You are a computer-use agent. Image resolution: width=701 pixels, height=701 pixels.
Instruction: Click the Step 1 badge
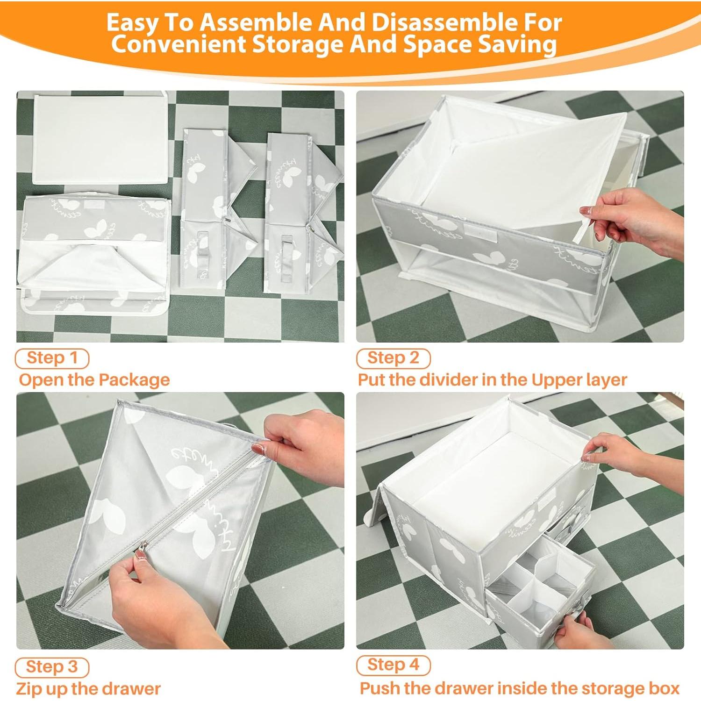(52, 358)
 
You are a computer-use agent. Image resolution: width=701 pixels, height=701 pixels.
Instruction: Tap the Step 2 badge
(393, 358)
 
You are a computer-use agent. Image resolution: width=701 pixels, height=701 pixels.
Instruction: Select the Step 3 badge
(52, 667)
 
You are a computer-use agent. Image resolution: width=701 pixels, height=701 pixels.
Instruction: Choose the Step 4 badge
(393, 665)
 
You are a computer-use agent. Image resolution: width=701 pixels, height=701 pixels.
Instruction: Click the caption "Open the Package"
(94, 380)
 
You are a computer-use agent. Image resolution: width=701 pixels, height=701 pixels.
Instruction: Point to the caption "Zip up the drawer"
(88, 689)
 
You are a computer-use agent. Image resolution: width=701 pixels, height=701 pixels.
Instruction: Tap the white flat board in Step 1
(100, 138)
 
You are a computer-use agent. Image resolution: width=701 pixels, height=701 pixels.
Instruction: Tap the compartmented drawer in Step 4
(537, 589)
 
